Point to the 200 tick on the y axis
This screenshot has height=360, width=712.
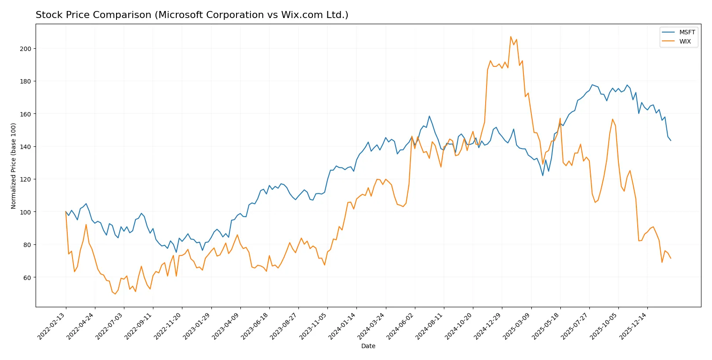25,49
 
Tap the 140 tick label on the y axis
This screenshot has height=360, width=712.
25,147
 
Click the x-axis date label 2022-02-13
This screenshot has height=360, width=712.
52,326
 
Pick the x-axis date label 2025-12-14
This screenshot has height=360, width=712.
633,326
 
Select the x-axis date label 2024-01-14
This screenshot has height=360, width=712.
342,326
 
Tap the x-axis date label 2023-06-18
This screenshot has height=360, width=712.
255,326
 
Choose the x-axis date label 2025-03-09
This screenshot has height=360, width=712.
517,326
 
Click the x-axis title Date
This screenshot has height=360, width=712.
368,346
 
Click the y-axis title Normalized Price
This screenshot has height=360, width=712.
14,166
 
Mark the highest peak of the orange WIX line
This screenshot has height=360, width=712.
511,36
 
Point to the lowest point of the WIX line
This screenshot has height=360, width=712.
115,294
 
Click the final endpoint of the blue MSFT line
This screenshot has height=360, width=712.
671,141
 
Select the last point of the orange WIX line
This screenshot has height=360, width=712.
671,258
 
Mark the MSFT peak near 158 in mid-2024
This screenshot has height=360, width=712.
429,116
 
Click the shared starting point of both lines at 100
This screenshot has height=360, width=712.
66,212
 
